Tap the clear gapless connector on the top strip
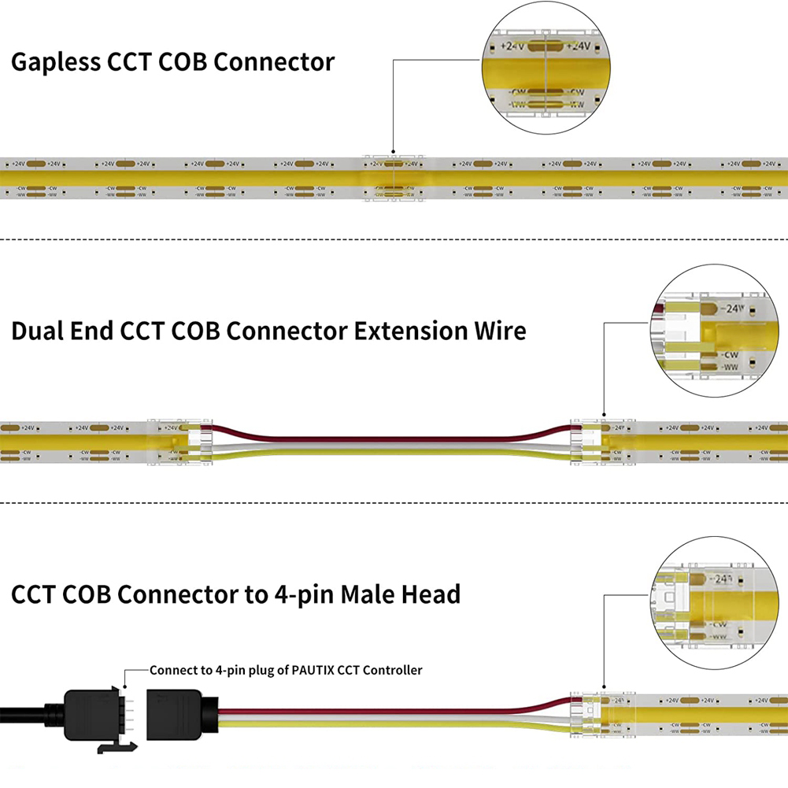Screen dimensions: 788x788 pos(392,178)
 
